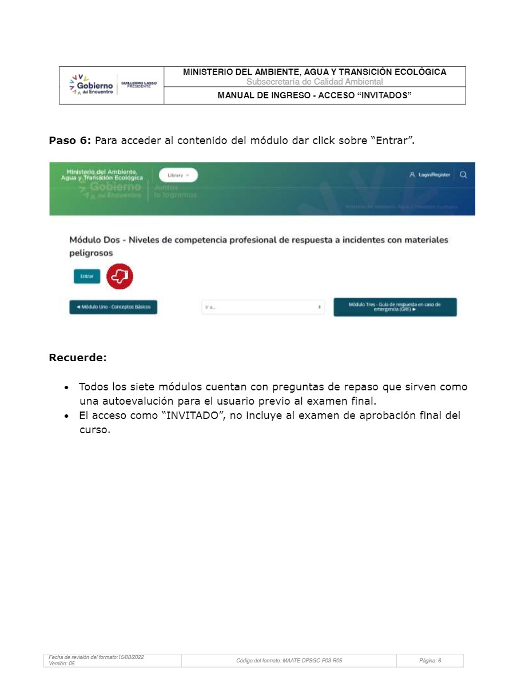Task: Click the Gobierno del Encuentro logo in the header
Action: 92,85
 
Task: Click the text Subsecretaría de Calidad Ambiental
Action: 315,82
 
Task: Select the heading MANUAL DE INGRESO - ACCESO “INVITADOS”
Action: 315,95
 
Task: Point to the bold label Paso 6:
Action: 70,141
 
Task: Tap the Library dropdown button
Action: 178,175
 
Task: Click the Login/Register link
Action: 430,175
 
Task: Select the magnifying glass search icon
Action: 463,175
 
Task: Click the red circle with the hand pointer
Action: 120,277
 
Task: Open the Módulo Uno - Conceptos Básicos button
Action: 113,307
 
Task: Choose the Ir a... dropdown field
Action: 262,307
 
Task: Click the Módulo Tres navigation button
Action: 395,307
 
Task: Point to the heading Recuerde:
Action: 78,358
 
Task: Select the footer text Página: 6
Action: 430,661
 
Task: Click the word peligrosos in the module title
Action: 91,253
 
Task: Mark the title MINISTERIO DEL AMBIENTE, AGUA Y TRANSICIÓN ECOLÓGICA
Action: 315,72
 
